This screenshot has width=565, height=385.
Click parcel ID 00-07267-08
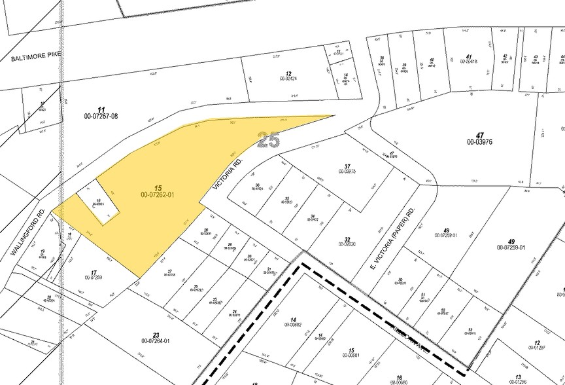[101, 116]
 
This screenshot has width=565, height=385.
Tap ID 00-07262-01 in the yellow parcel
[157, 194]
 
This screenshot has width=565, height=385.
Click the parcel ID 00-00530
[347, 244]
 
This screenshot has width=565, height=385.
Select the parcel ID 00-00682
[293, 324]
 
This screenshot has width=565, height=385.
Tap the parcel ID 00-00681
[351, 356]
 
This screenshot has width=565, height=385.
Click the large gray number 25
[268, 139]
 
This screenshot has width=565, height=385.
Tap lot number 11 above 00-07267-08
[101, 109]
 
